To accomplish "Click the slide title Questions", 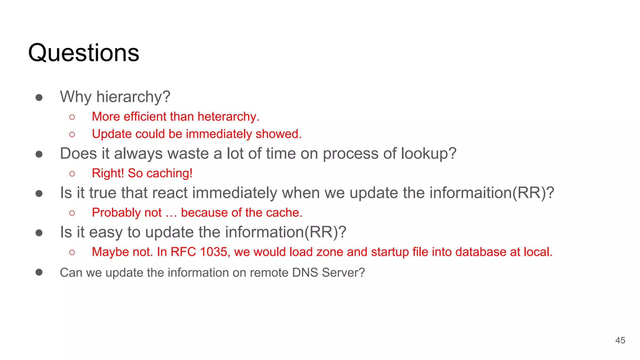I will (83, 52).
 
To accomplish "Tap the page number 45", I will (620, 340).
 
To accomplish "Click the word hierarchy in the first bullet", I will (133, 97).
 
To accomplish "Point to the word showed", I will (278, 134).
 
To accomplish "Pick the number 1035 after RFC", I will (213, 252).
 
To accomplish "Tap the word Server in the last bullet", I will (343, 272).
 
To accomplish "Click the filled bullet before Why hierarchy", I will (39, 97).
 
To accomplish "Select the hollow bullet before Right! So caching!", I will (72, 173).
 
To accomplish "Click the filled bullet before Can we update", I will (39, 272).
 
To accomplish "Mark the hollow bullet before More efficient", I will (72, 117).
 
